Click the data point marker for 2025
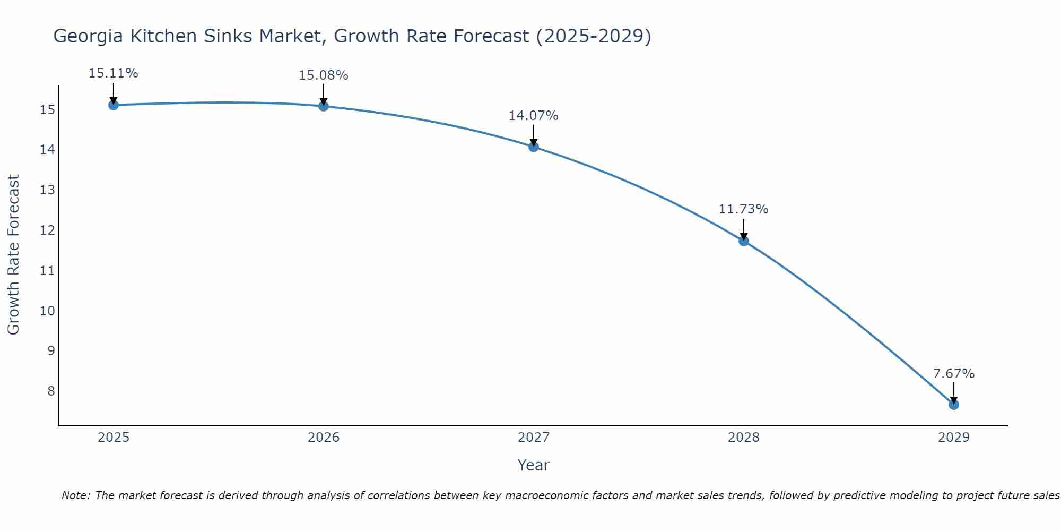point(113,105)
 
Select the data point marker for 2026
point(324,106)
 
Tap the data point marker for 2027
point(534,147)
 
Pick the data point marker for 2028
point(744,241)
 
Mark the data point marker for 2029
point(954,405)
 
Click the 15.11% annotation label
point(113,73)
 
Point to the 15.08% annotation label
point(323,75)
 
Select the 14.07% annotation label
point(533,116)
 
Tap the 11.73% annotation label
point(743,209)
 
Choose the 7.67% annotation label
point(954,374)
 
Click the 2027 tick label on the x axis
point(534,438)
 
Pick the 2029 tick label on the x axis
point(954,438)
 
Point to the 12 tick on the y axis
point(47,230)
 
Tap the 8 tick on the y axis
point(50,391)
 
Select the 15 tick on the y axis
point(47,110)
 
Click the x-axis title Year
point(534,465)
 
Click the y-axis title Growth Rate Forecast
point(14,255)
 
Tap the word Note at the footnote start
point(76,495)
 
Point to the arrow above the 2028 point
point(744,229)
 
